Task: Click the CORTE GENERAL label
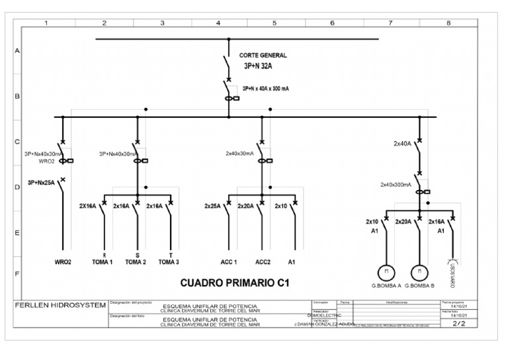click(x=262, y=56)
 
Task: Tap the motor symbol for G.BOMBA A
click(x=386, y=271)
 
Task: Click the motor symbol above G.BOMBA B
click(x=418, y=271)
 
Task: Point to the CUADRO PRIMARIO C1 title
click(x=235, y=283)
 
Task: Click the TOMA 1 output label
click(x=103, y=262)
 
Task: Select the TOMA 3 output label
click(x=169, y=262)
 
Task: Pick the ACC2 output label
click(x=263, y=262)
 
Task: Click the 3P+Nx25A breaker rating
click(x=41, y=182)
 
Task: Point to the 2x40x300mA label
click(x=396, y=185)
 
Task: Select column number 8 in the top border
click(x=449, y=23)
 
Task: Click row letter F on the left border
click(x=17, y=273)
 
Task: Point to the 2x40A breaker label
click(x=403, y=143)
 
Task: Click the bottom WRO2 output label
click(x=63, y=262)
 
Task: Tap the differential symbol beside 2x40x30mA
click(x=265, y=160)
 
